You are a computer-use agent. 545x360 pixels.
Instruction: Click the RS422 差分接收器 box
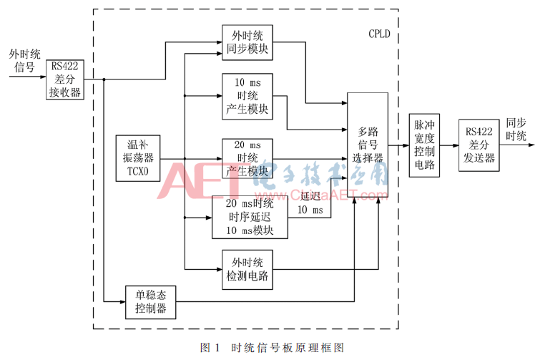(64, 79)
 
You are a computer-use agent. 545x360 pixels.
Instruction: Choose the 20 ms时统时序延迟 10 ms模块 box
(250, 217)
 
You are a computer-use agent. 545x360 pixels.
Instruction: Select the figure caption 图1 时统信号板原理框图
(272, 348)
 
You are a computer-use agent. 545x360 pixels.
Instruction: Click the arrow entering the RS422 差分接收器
(29, 79)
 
